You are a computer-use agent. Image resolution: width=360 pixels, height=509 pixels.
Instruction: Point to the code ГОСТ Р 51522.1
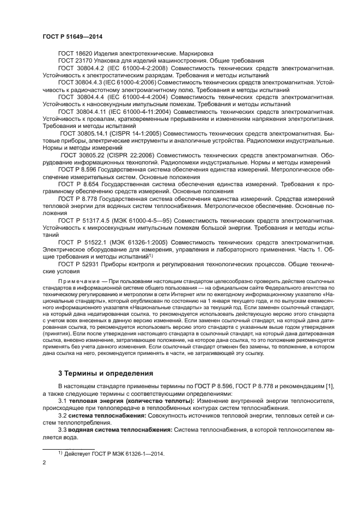tap(81, 242)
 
